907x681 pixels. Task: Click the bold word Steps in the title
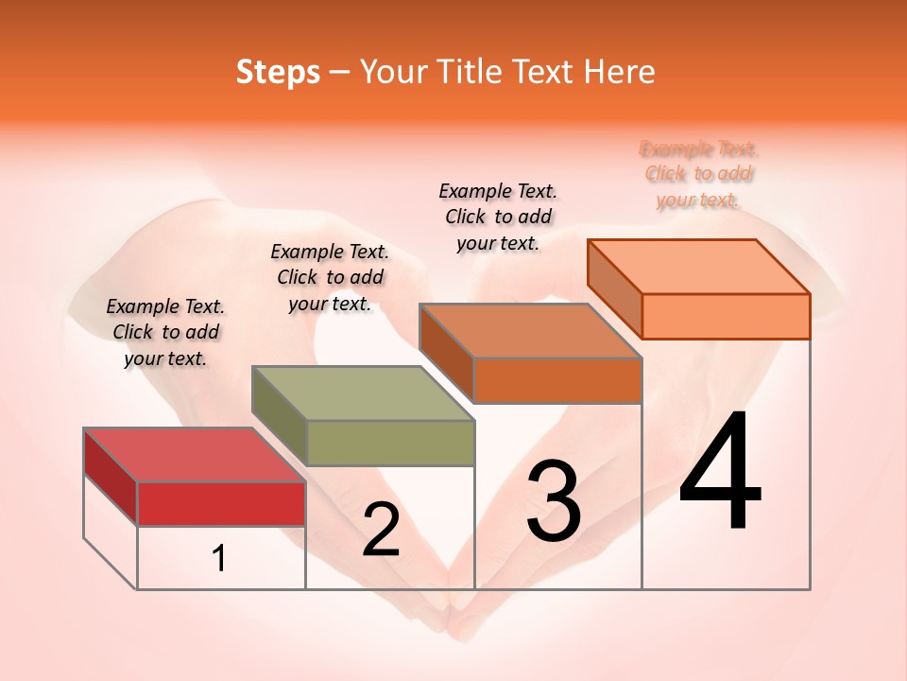coord(278,72)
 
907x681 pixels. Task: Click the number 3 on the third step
coord(554,501)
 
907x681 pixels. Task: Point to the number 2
coord(381,530)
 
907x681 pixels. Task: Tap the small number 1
coord(218,559)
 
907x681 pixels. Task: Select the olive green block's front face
coord(391,443)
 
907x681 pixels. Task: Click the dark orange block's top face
coord(530,331)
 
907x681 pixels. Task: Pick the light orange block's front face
coord(726,316)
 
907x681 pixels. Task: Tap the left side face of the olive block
coord(280,416)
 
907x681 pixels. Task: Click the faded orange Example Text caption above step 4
coord(699,174)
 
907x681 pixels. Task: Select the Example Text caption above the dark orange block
coord(498,217)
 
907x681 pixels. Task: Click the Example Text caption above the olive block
coord(330,277)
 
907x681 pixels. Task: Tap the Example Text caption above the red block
coord(165,332)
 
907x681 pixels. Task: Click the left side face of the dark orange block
coord(447,352)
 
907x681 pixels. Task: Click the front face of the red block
coord(221,503)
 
